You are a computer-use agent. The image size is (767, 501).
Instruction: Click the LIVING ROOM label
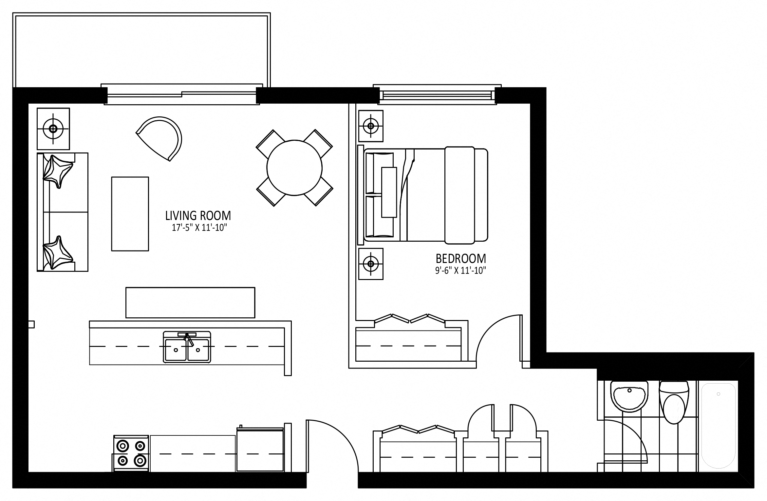198,216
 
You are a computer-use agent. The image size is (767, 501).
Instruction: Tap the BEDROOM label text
461,259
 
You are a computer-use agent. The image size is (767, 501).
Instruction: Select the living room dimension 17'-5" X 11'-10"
199,228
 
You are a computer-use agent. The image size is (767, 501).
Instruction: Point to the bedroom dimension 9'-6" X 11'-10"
460,271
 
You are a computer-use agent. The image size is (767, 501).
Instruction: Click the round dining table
294,168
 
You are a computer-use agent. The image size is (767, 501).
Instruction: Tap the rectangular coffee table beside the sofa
130,214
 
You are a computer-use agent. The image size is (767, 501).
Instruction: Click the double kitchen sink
187,347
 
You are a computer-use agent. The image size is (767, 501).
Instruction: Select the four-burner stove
131,453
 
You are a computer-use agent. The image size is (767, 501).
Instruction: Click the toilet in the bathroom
674,402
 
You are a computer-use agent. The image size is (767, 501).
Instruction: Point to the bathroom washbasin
629,396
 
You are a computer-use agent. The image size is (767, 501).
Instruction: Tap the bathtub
719,426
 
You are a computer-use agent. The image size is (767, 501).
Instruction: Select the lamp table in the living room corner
53,129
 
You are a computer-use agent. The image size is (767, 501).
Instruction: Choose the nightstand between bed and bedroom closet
371,264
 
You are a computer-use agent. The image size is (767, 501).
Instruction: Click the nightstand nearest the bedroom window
371,126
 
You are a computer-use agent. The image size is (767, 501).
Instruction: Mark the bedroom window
437,95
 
